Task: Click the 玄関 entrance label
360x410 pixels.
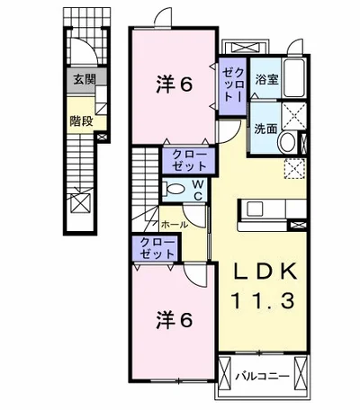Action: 85,80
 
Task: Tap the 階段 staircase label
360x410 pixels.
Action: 81,120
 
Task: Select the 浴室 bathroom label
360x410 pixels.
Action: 266,79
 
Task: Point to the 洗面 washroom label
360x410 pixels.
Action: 265,129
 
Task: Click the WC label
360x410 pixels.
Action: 198,190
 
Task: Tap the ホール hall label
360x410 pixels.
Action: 175,224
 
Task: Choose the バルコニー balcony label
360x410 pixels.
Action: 262,376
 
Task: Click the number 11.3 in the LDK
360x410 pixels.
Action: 263,301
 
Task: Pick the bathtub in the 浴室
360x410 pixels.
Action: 294,78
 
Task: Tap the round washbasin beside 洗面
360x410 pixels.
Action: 287,142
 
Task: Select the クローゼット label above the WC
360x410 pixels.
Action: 189,160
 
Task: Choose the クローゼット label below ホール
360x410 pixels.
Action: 157,248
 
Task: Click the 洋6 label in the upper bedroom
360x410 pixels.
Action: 174,85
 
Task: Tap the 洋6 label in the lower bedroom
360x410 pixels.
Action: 174,320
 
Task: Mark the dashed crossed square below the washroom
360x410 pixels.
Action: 294,169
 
